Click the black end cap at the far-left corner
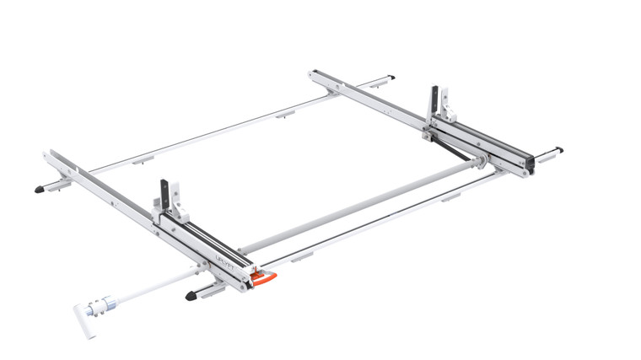(x=40, y=190)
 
